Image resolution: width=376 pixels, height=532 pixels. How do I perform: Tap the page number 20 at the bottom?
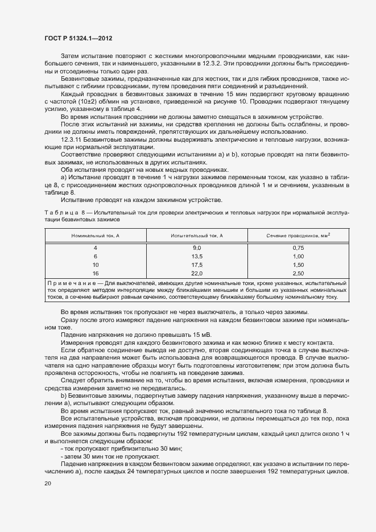coord(47,484)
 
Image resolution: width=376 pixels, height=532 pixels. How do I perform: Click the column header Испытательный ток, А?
coord(197,235)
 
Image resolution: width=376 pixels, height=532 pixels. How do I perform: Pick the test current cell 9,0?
coord(197,248)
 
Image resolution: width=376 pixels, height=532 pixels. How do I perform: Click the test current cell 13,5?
coord(197,257)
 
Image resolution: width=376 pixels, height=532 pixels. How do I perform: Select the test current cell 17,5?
coord(197,265)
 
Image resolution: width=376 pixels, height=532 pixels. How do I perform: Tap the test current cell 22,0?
coord(197,274)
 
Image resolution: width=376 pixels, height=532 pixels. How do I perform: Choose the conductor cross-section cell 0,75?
coord(299,248)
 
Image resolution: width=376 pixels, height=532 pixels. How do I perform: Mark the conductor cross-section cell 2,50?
coord(299,274)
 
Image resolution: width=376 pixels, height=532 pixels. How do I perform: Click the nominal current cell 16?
coord(95,274)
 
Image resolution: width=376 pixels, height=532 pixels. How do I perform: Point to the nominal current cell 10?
coord(95,265)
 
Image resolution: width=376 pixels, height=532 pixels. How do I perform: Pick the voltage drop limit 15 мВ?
coord(179,334)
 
